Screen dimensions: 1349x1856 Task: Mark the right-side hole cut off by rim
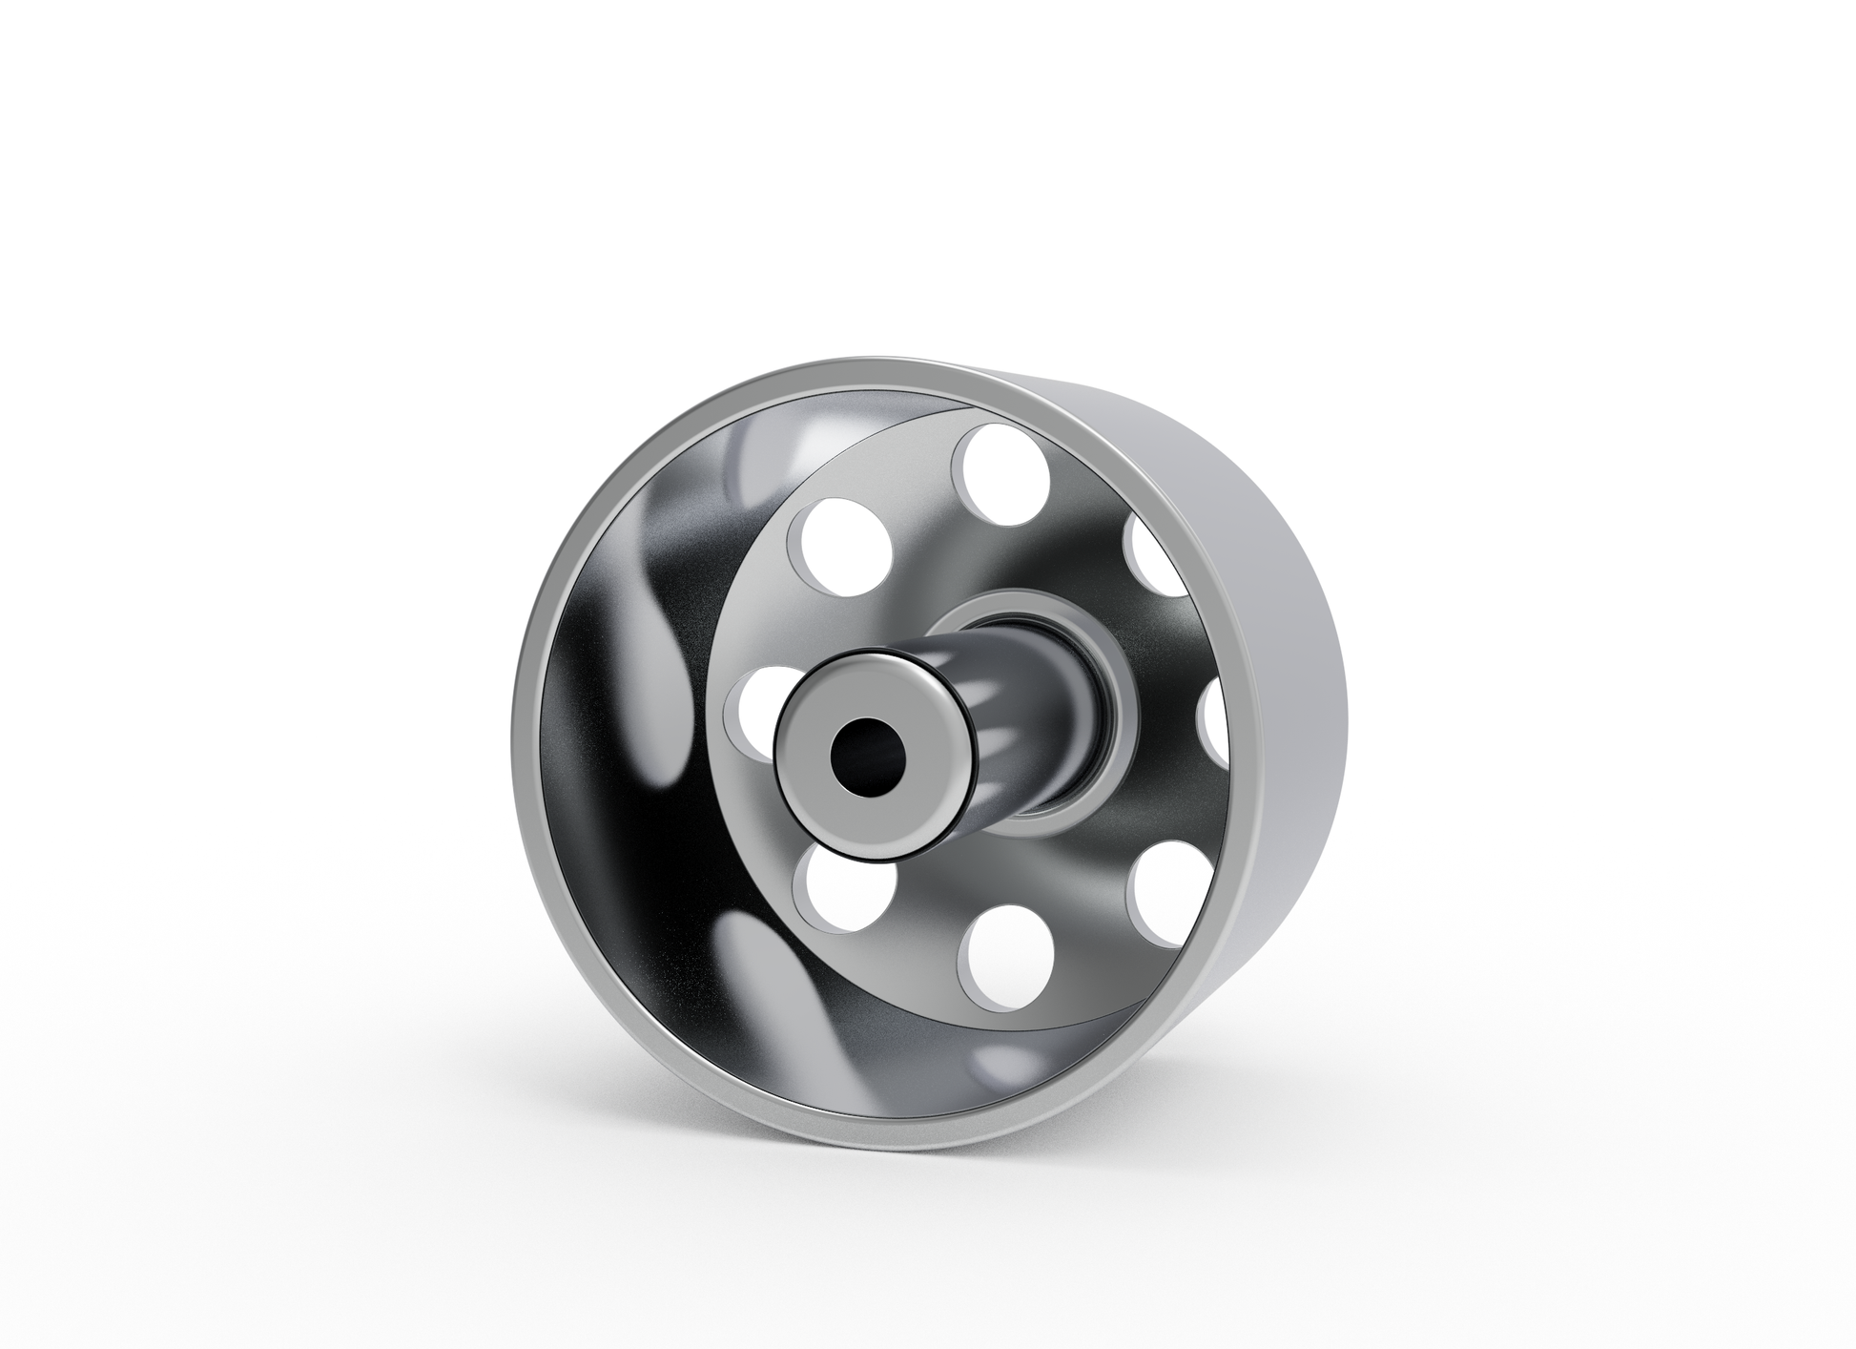(1213, 725)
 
